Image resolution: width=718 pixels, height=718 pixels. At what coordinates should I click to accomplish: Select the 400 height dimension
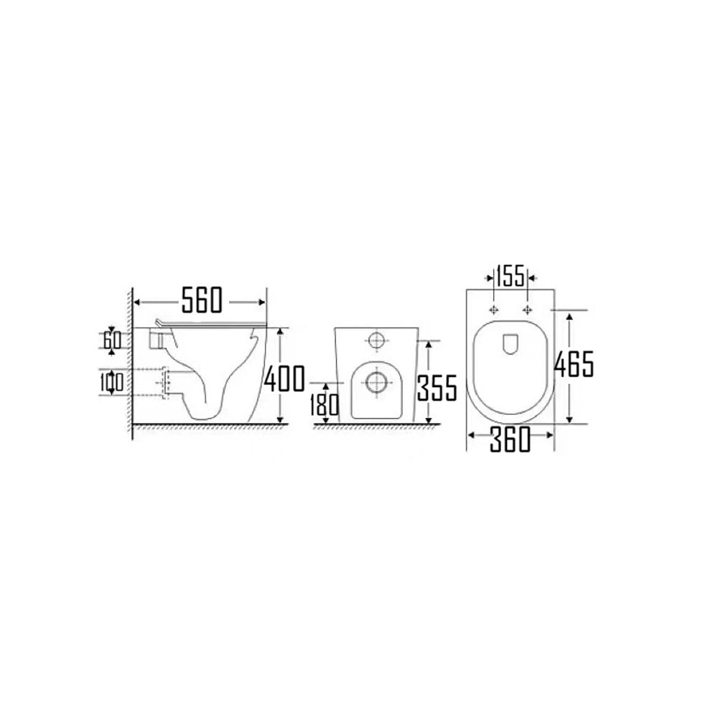284,378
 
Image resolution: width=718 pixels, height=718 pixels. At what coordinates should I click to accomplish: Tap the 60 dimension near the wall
111,340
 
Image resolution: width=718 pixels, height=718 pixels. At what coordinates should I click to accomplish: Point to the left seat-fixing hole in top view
494,309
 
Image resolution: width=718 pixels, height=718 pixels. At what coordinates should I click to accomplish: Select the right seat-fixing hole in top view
528,309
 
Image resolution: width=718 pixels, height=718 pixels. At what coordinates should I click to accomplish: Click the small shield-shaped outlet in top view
510,345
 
